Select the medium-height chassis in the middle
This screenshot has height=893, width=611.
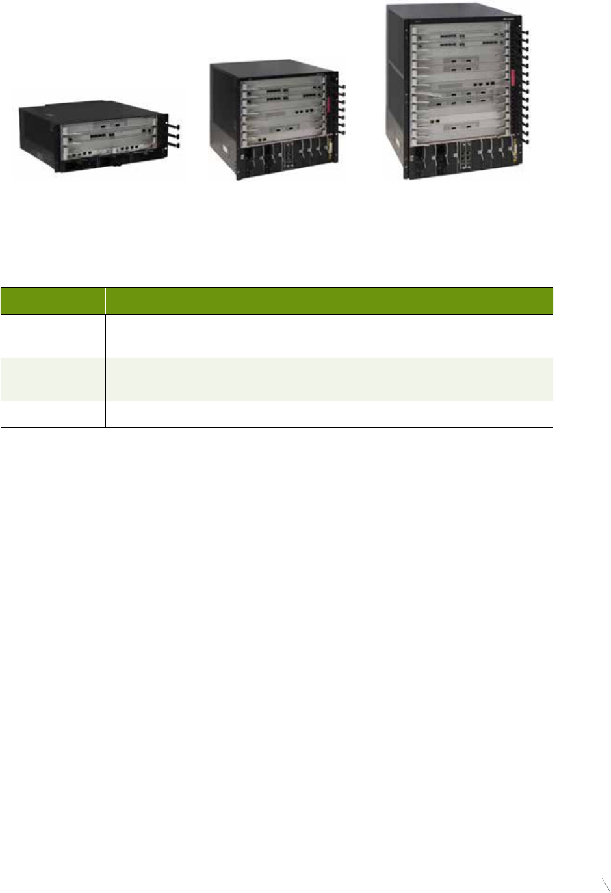pos(276,120)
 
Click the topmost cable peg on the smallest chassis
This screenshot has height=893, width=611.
pos(173,127)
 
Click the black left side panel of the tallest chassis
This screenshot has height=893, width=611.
pos(395,91)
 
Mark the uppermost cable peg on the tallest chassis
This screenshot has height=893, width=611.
pos(524,31)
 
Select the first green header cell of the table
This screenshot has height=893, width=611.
pos(53,301)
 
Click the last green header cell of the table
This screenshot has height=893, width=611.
pos(478,301)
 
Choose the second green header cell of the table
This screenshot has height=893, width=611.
pos(180,301)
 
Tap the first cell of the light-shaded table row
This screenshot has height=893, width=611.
pos(53,379)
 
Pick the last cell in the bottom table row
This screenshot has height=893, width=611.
pos(478,414)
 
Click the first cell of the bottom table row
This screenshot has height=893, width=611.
pos(53,414)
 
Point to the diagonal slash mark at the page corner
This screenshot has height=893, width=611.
pos(606,885)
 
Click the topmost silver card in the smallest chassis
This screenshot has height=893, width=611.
pos(107,124)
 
